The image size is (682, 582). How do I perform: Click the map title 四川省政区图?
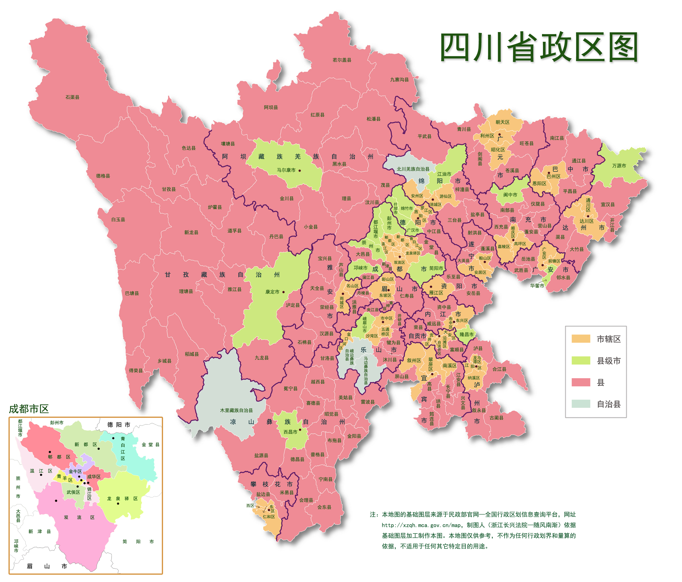[539, 47]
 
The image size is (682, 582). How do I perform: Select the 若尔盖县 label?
[342, 60]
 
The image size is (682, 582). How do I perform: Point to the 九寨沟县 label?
[399, 80]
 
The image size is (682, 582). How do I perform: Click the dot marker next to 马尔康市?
[300, 170]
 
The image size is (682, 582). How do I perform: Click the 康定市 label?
[272, 292]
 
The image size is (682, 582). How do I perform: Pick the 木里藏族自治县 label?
[236, 410]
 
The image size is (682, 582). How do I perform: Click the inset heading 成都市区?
[29, 409]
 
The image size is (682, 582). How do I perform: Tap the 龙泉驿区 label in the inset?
[122, 498]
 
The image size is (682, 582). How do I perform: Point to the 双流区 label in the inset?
[79, 517]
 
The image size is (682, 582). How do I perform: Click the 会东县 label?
[324, 507]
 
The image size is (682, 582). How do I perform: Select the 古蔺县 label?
[496, 418]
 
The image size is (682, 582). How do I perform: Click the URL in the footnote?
[423, 525]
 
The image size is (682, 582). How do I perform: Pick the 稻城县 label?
[192, 354]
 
